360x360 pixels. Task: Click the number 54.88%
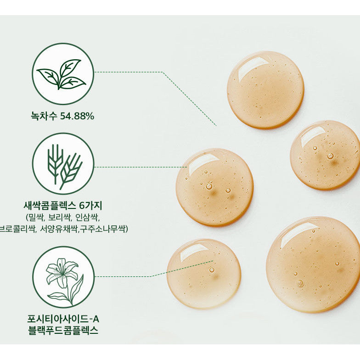point(77,116)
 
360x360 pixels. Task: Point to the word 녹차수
point(44,116)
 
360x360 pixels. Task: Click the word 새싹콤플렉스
point(50,206)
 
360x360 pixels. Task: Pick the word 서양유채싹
point(59,229)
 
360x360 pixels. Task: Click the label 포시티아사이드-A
point(63,319)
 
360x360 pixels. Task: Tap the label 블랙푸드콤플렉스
point(63,330)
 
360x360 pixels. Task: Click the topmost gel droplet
point(265,90)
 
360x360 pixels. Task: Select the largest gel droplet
point(313,264)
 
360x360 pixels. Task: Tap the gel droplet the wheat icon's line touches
point(215,187)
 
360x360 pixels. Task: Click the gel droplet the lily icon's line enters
point(204,274)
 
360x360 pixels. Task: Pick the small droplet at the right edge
point(325,155)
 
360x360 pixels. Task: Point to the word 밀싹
point(35,217)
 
